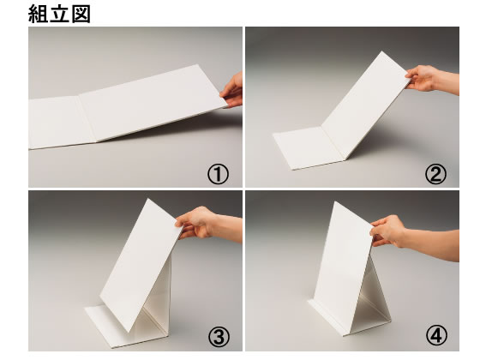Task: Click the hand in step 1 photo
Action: tap(233, 90)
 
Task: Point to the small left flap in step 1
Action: tap(53, 122)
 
